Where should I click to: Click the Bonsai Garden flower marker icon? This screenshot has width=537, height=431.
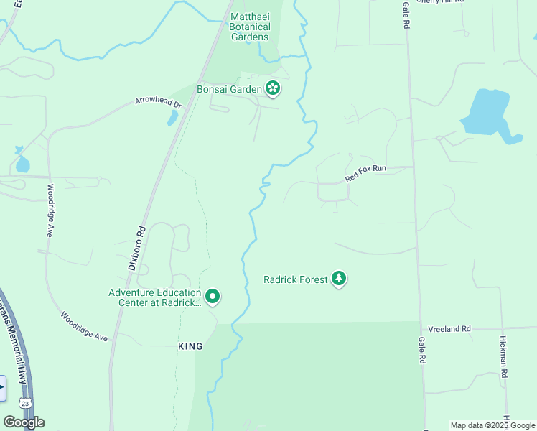273,88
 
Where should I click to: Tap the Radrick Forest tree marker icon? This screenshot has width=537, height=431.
339,279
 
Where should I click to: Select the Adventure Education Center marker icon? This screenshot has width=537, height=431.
213,296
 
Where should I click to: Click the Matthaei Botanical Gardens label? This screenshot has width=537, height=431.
249,27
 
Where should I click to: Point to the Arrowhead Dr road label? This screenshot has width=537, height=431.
159,102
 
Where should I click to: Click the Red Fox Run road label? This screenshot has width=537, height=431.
365,173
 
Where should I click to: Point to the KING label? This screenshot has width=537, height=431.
190,346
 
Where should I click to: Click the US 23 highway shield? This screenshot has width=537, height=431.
24,404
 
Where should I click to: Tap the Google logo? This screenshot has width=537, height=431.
24,422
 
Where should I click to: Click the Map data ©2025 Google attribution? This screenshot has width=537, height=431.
492,425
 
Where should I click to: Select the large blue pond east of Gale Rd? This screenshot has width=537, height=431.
488,115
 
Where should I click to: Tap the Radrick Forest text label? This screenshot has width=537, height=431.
295,279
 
